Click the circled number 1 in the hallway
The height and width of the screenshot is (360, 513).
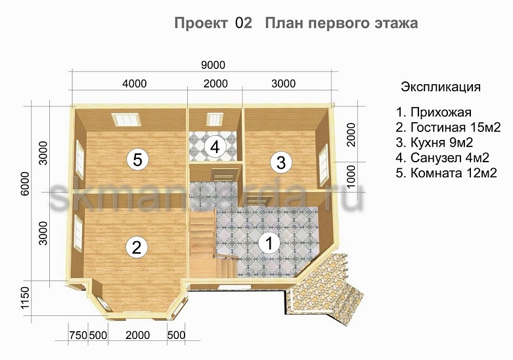click(268, 242)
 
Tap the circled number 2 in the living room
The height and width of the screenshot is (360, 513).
click(136, 247)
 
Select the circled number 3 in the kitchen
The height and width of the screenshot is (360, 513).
click(280, 161)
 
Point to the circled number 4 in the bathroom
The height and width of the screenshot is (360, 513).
click(214, 147)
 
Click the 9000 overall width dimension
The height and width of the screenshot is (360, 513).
click(213, 64)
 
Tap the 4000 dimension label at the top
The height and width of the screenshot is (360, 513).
click(134, 83)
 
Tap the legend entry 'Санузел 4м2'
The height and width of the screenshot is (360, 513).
click(444, 158)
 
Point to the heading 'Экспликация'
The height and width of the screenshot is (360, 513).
click(440, 87)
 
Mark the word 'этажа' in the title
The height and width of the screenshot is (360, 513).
click(394, 24)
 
